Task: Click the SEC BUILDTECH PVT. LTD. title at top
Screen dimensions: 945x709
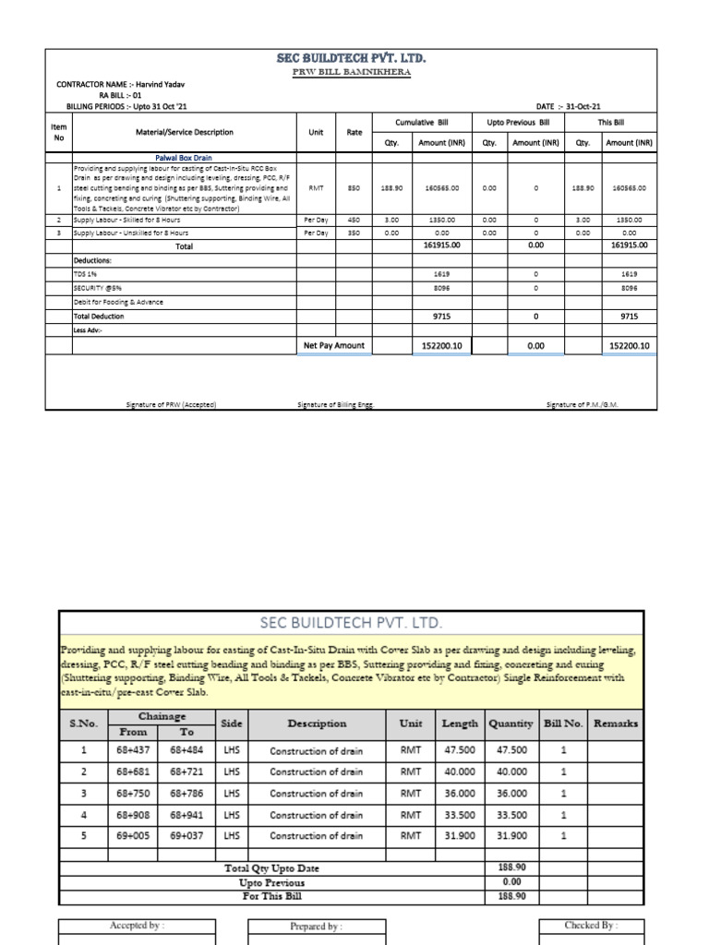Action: [x=352, y=59]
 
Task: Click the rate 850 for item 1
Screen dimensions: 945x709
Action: [x=354, y=187]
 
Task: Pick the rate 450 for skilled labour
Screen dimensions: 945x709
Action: [x=354, y=221]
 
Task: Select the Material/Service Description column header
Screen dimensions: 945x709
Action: [x=185, y=132]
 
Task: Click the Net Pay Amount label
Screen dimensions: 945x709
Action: [x=334, y=345]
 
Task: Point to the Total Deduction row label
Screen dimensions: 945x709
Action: [x=100, y=316]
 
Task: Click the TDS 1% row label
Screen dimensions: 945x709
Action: [x=86, y=274]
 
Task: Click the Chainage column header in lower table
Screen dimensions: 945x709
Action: [x=162, y=715]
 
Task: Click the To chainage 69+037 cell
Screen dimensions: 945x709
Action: [x=188, y=835]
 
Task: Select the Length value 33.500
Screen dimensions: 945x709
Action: [x=460, y=814]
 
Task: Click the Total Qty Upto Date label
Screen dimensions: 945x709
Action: [x=273, y=868]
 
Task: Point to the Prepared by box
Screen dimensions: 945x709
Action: [x=315, y=926]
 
